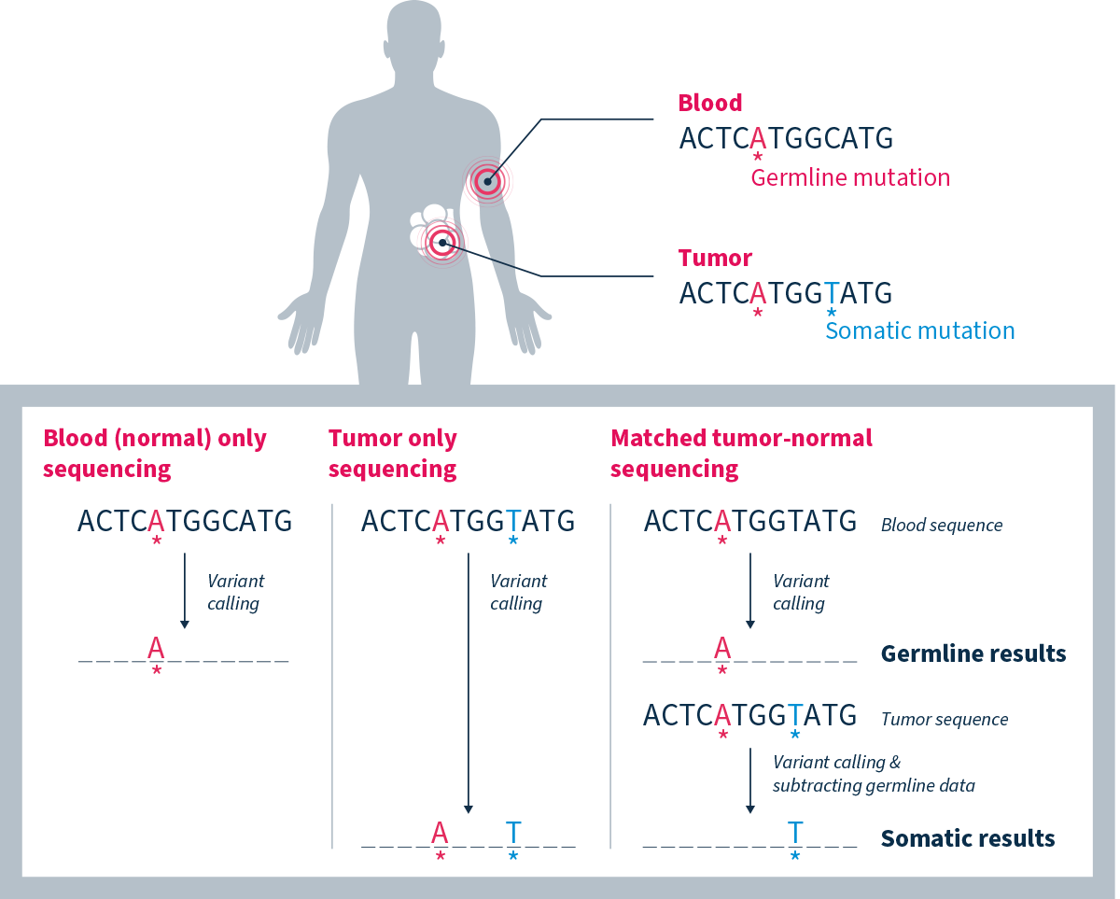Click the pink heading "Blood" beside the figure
(x=710, y=103)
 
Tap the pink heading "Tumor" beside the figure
(x=715, y=258)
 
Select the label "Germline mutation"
(x=850, y=177)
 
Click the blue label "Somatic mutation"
(x=920, y=330)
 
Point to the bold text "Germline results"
(x=973, y=653)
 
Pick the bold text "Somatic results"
(x=967, y=838)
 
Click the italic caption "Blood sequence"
(x=941, y=525)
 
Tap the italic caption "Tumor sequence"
(x=944, y=720)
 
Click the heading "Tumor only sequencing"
(x=393, y=453)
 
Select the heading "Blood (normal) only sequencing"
(x=155, y=453)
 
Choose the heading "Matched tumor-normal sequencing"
(x=741, y=453)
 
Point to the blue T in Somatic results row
(x=795, y=830)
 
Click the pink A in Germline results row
(x=721, y=646)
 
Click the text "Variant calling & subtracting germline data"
(x=873, y=774)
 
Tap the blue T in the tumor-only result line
(x=513, y=830)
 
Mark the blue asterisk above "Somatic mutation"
(x=832, y=312)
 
